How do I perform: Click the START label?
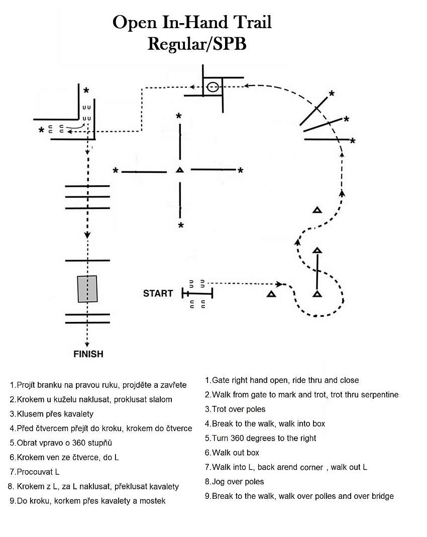[158, 293]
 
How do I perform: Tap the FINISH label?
[88, 354]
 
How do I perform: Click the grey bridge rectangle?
[87, 289]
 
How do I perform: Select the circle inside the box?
[213, 87]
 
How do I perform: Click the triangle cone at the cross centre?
[180, 169]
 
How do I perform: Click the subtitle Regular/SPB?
[197, 44]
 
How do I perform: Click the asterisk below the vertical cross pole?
[181, 226]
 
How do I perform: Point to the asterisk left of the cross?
[116, 171]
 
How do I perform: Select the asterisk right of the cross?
[241, 171]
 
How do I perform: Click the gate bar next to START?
[197, 293]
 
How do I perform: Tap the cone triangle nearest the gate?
[272, 294]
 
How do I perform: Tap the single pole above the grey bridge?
[87, 261]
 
